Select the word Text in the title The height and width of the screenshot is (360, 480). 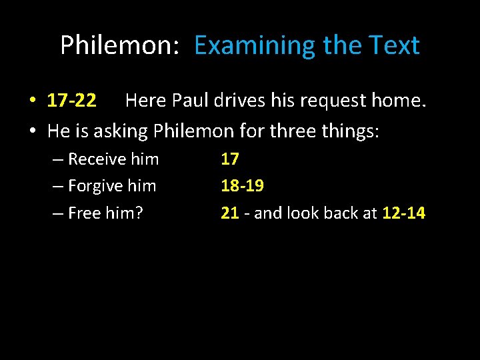click(x=394, y=45)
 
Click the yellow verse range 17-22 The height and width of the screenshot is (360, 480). click(x=72, y=101)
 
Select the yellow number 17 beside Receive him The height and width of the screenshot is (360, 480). click(x=230, y=159)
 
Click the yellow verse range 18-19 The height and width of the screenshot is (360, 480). click(x=243, y=186)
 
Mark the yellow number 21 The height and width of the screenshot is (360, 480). click(x=230, y=213)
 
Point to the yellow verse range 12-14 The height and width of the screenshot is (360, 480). click(x=403, y=213)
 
